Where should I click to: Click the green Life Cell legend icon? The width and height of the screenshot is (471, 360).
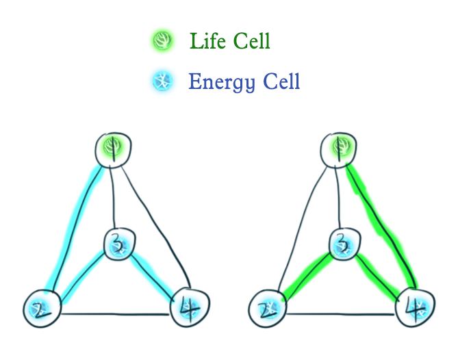pyautogui.click(x=162, y=42)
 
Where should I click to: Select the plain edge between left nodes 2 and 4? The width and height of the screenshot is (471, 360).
pyautogui.click(x=115, y=314)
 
